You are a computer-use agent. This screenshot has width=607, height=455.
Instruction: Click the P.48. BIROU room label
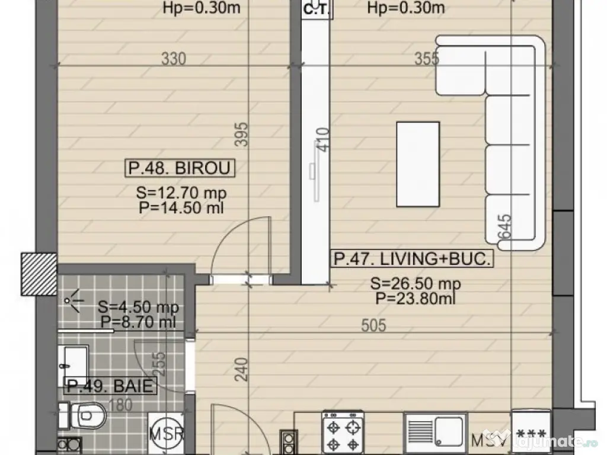click(180, 168)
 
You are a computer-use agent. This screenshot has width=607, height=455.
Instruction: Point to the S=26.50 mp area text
click(416, 284)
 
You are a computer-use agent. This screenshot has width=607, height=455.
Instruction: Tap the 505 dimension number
click(374, 325)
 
